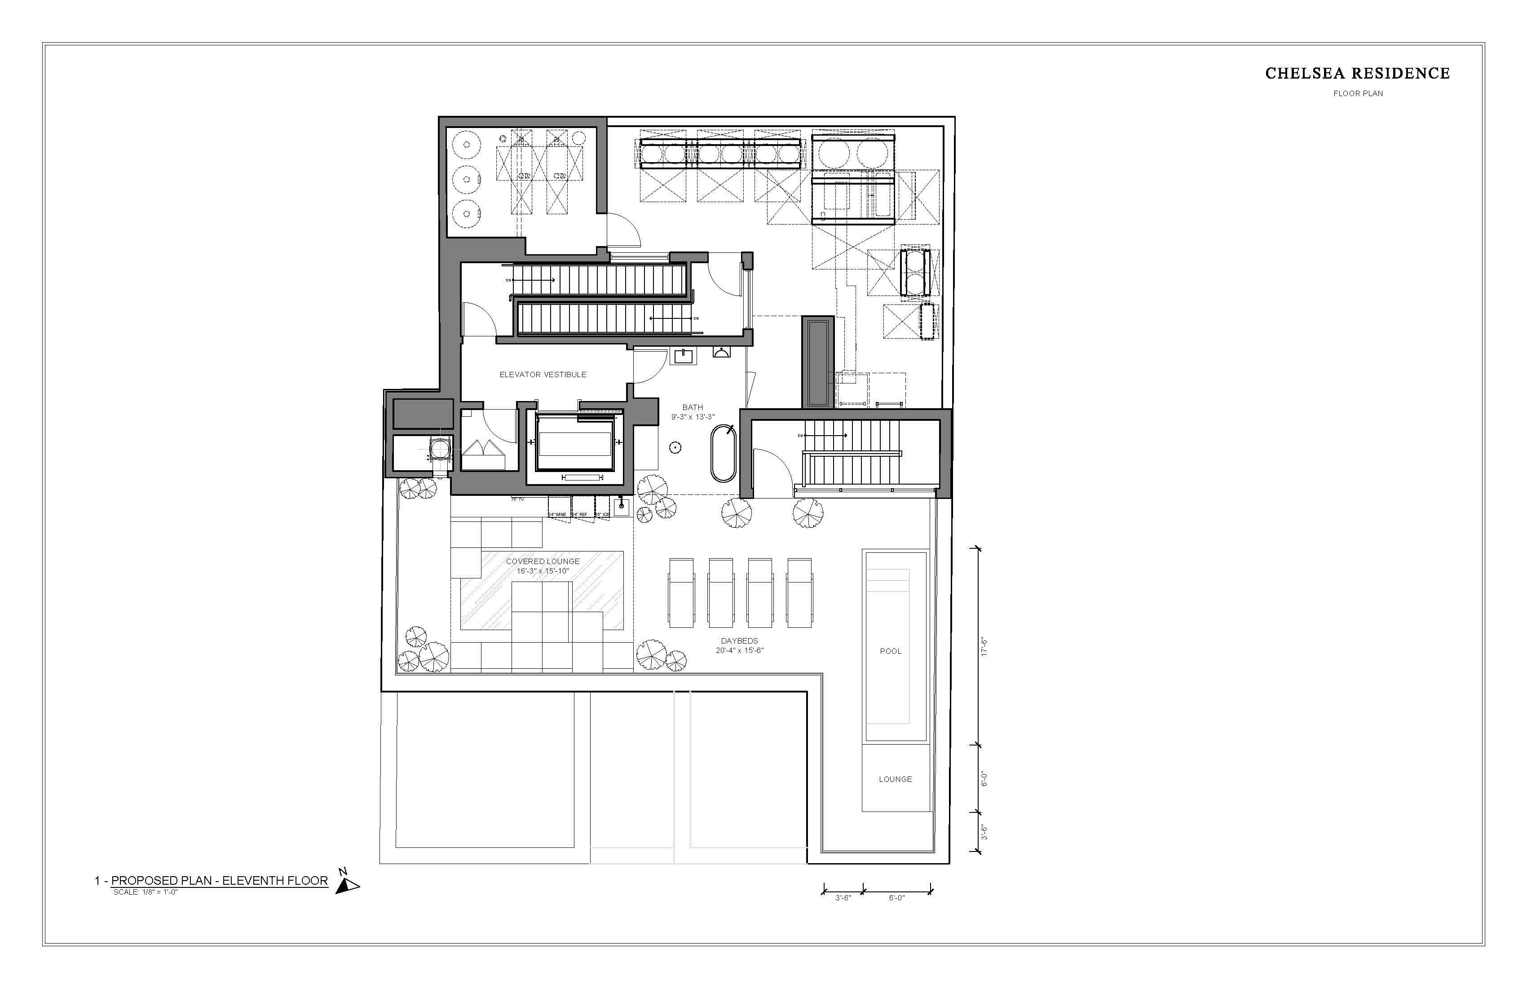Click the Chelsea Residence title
click(x=1357, y=74)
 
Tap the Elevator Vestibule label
click(x=543, y=375)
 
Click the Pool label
click(x=891, y=651)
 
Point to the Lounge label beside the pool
click(x=895, y=779)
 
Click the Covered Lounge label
click(x=543, y=561)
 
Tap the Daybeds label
click(x=739, y=641)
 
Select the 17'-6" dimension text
click(x=984, y=647)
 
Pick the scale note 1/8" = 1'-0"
click(x=145, y=892)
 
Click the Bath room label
click(x=692, y=407)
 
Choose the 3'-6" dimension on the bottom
click(x=843, y=898)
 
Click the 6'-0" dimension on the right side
click(x=984, y=778)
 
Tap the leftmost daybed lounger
click(x=681, y=592)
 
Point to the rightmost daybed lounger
click(x=799, y=592)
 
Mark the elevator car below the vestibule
click(x=574, y=444)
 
